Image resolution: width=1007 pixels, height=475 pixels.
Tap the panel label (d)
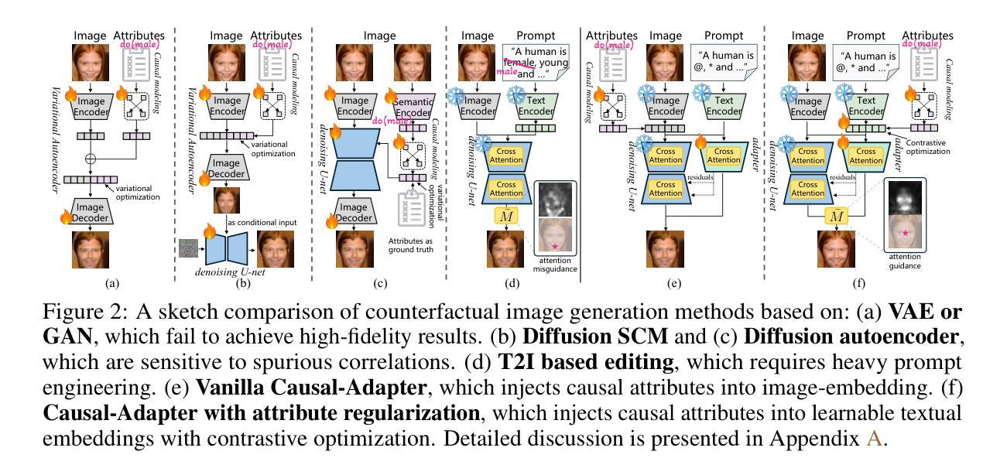[x=512, y=283]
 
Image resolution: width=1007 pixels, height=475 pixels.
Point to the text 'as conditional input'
[x=259, y=223]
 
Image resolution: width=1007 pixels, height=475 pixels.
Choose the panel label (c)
[x=379, y=283]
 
